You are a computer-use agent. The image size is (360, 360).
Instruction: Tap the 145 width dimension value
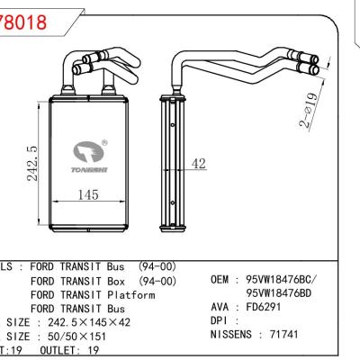pos(87,193)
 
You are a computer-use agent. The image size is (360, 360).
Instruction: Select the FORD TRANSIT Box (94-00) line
pos(109,281)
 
